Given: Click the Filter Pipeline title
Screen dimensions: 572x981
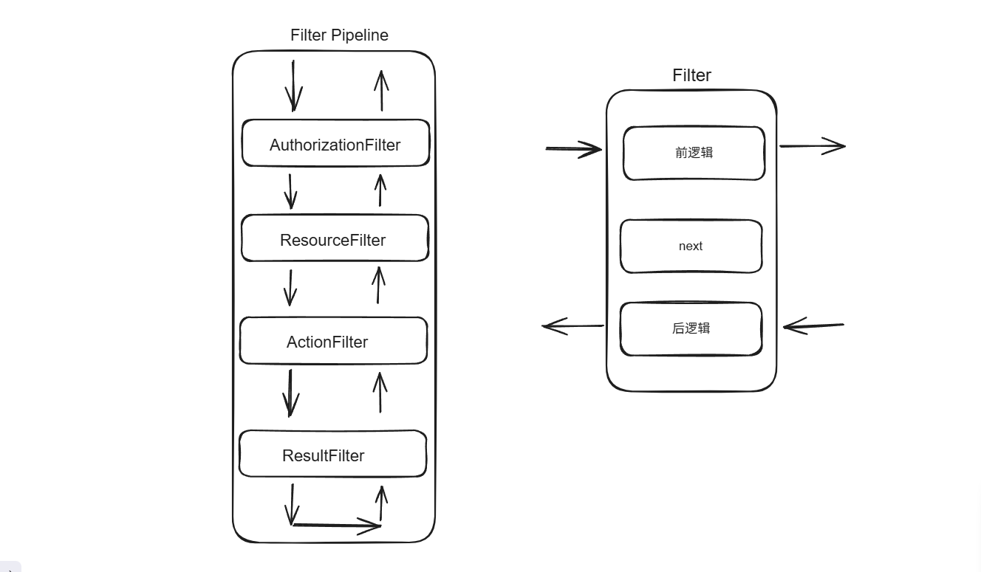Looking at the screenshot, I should click(339, 35).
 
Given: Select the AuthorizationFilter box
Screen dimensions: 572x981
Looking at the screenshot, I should click(335, 144).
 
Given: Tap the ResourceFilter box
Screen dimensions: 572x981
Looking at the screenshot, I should click(335, 239).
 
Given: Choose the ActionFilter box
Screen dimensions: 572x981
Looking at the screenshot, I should click(333, 341).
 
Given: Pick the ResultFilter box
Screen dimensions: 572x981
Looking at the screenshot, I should click(332, 455).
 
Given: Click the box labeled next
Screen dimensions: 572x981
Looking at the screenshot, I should click(691, 247).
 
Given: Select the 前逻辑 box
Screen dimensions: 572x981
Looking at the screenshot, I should click(694, 153).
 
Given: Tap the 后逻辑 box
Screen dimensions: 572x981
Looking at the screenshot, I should click(691, 328).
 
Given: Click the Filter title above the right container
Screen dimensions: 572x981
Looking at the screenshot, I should click(691, 75).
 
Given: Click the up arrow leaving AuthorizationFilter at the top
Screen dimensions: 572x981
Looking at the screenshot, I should click(381, 91).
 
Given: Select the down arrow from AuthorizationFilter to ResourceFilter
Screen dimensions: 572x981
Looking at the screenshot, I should click(290, 191).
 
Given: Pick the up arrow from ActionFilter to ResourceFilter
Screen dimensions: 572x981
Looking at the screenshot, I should click(378, 285).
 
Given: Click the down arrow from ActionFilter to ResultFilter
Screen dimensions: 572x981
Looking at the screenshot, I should click(290, 393).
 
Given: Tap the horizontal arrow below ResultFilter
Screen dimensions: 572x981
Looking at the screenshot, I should click(337, 526).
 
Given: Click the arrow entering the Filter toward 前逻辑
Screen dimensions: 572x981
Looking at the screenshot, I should click(574, 149).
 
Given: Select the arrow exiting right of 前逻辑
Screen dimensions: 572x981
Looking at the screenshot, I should click(813, 146).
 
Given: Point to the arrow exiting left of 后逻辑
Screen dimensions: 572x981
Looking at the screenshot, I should click(573, 326).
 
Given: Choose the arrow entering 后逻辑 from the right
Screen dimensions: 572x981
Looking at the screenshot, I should click(813, 325).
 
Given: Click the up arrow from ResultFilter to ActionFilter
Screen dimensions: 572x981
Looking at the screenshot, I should click(380, 392).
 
